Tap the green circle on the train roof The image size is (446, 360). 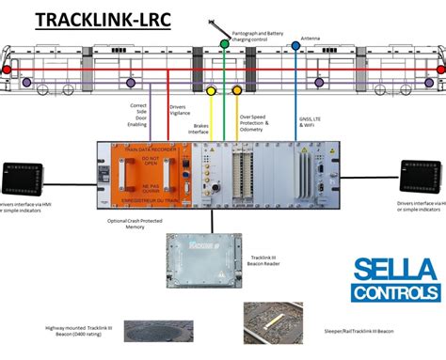point(224,43)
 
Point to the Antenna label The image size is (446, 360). point(311,39)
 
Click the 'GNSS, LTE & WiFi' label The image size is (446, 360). point(312,124)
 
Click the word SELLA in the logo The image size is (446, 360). point(396,271)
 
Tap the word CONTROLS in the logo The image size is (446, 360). point(396,293)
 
